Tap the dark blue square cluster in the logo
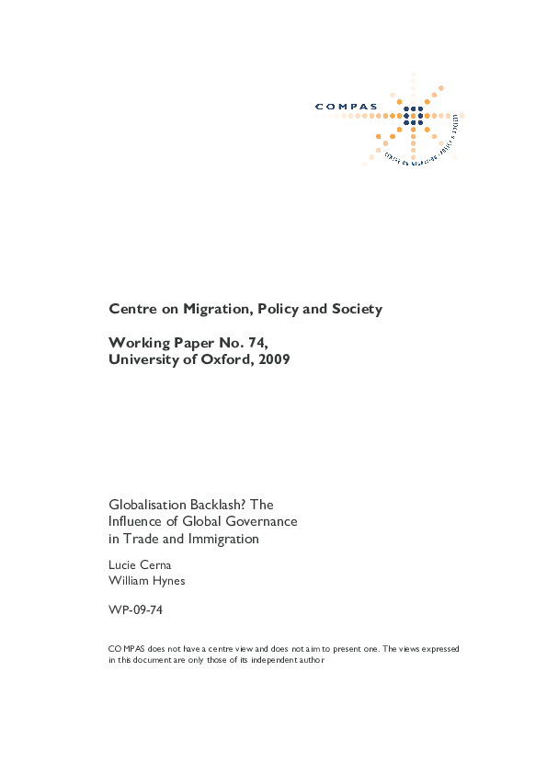[414, 116]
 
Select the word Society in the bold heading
[355, 310]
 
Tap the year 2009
[273, 360]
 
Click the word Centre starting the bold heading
[131, 310]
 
